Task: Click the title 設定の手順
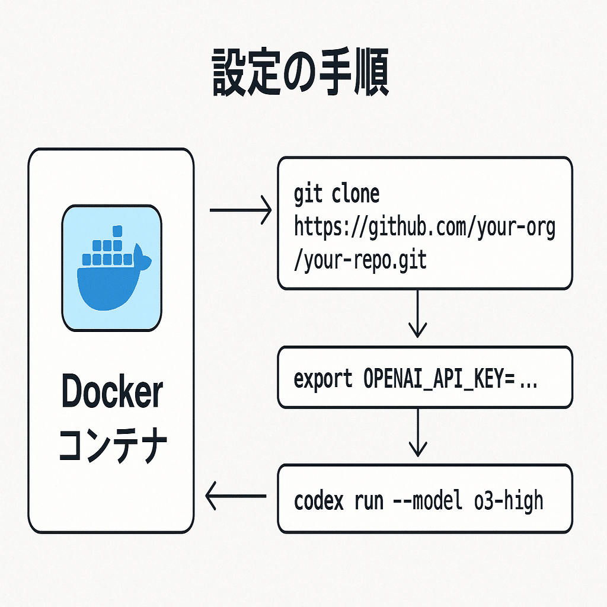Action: (301, 76)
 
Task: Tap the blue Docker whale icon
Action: (111, 268)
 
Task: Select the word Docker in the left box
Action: (111, 392)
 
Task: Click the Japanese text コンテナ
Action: (111, 445)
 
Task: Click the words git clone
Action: (336, 194)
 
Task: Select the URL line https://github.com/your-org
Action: (424, 228)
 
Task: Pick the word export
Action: (323, 378)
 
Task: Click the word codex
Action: (318, 501)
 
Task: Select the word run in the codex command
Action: (368, 501)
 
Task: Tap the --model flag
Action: (427, 501)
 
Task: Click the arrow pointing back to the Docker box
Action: (235, 496)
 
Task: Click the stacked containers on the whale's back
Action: (107, 249)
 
